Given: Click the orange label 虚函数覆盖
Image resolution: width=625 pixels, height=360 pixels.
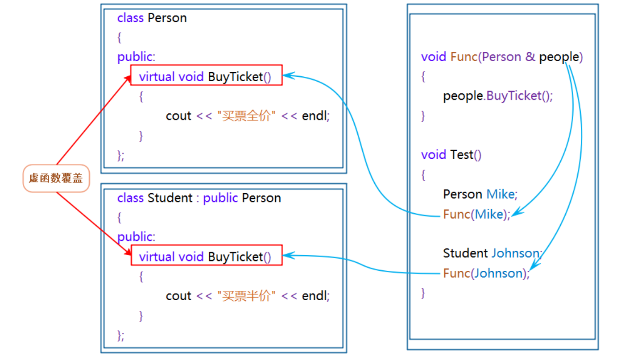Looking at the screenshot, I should pyautogui.click(x=56, y=178).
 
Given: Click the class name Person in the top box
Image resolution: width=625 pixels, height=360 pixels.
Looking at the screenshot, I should pyautogui.click(x=167, y=18).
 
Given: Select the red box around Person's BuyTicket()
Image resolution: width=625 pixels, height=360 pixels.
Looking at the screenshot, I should pyautogui.click(x=206, y=75).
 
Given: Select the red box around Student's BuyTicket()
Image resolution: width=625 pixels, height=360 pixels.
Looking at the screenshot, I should pyautogui.click(x=206, y=255).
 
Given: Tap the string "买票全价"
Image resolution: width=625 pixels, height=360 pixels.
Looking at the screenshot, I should pyautogui.click(x=246, y=116).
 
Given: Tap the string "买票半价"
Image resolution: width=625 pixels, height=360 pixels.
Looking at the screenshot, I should pyautogui.click(x=246, y=296).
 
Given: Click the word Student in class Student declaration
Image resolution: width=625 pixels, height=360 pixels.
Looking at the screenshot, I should pyautogui.click(x=170, y=198).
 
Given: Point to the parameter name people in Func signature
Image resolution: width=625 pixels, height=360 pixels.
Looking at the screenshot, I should pyautogui.click(x=559, y=57).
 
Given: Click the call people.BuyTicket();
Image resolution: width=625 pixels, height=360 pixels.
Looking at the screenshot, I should pyautogui.click(x=498, y=96).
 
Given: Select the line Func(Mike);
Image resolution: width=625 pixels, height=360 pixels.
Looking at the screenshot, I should pyautogui.click(x=476, y=215).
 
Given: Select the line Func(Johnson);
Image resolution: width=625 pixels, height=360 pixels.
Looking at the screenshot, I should pyautogui.click(x=486, y=273).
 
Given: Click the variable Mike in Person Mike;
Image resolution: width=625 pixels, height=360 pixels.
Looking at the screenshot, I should pyautogui.click(x=501, y=194).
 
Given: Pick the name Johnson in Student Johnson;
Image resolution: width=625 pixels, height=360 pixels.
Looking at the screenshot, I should pyautogui.click(x=515, y=253).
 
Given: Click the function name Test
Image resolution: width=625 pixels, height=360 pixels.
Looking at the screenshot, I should pyautogui.click(x=461, y=155).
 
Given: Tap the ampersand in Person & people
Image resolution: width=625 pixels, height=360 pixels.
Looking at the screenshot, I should pyautogui.click(x=530, y=57).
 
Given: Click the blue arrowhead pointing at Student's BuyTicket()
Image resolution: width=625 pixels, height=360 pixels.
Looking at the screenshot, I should pyautogui.click(x=287, y=255).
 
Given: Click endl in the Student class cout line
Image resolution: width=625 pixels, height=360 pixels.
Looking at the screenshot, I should pyautogui.click(x=315, y=296).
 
